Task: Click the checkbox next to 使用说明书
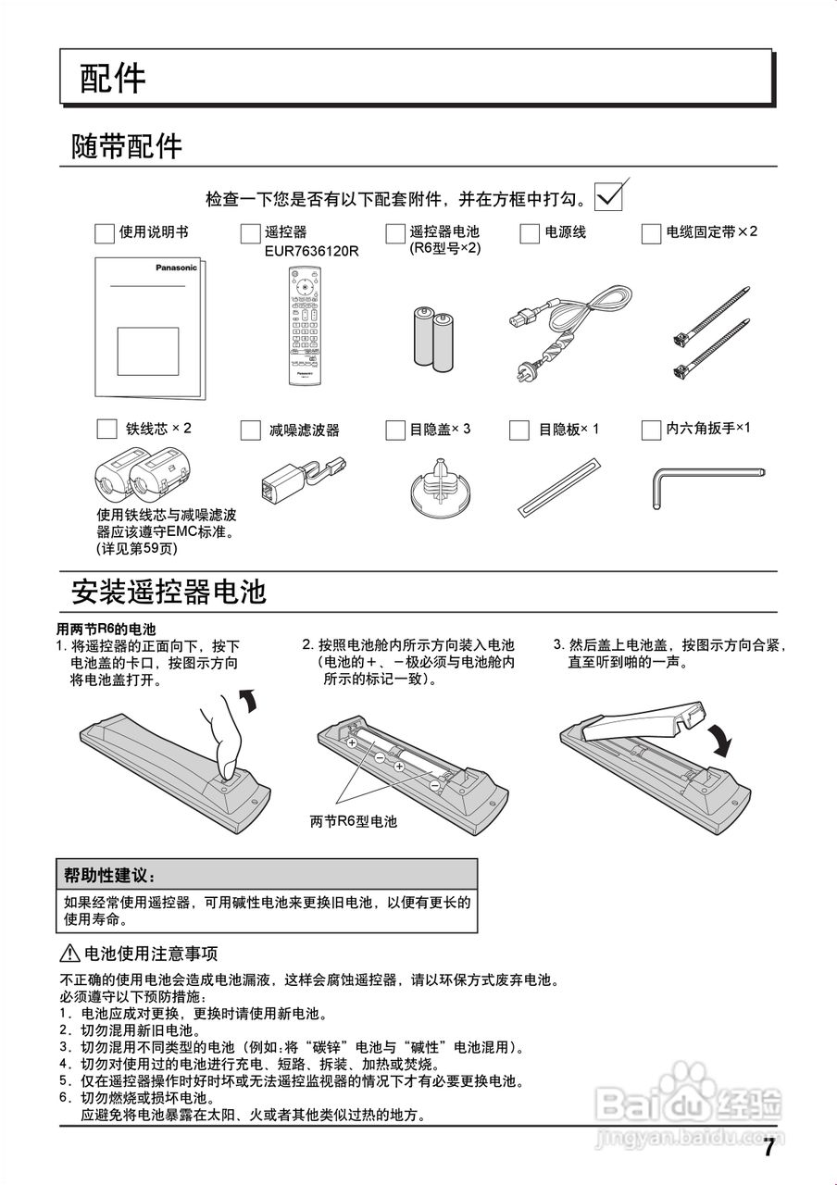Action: [x=105, y=233]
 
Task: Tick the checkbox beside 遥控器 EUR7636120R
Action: [x=250, y=233]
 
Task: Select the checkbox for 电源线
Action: [x=530, y=233]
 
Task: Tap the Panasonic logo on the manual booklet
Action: [x=176, y=268]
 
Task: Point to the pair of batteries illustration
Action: [x=433, y=338]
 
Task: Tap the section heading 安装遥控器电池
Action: [x=169, y=591]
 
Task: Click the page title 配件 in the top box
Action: [x=113, y=79]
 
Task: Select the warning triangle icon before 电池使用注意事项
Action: [x=71, y=954]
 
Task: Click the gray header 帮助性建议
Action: [x=110, y=875]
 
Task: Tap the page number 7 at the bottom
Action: [x=768, y=1149]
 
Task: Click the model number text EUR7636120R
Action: [x=311, y=251]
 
